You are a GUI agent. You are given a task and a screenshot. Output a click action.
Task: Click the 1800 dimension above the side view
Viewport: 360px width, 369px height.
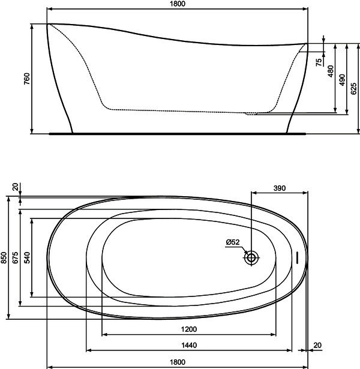178,4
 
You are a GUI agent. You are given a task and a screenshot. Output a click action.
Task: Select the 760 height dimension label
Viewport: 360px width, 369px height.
27,79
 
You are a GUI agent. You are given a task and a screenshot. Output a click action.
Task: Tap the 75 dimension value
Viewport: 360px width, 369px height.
319,62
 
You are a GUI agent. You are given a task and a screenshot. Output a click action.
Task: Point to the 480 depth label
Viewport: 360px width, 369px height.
331,71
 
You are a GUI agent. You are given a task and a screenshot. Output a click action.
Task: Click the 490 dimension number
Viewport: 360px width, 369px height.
343,80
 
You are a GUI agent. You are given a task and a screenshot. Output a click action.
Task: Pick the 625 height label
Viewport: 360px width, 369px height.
353,89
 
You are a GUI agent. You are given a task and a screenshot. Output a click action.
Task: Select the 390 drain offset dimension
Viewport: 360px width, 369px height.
280,188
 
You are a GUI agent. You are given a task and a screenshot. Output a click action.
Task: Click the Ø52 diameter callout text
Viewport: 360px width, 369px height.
233,242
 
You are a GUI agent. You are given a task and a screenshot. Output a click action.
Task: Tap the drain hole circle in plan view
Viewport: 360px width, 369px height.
251,257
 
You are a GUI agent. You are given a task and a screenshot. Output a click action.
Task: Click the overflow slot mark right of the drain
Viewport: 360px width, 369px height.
297,257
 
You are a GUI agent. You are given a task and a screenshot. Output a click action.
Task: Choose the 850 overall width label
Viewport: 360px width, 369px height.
4,257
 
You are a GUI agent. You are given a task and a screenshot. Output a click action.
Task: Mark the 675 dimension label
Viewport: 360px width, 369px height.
16,257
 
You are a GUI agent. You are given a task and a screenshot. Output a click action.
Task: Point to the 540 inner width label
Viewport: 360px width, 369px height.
27,257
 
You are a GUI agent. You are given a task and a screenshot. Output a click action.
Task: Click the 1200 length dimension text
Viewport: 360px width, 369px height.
189,329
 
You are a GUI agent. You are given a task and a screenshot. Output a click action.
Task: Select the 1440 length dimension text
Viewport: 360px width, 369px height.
189,345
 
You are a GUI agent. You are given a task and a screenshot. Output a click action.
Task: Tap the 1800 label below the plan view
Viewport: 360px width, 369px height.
178,362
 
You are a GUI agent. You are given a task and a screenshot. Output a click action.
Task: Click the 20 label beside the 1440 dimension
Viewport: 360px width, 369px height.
317,345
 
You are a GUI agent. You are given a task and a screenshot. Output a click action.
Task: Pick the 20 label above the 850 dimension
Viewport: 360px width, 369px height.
15,187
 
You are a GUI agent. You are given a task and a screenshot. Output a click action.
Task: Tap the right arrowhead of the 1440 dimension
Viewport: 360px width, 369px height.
289,350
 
